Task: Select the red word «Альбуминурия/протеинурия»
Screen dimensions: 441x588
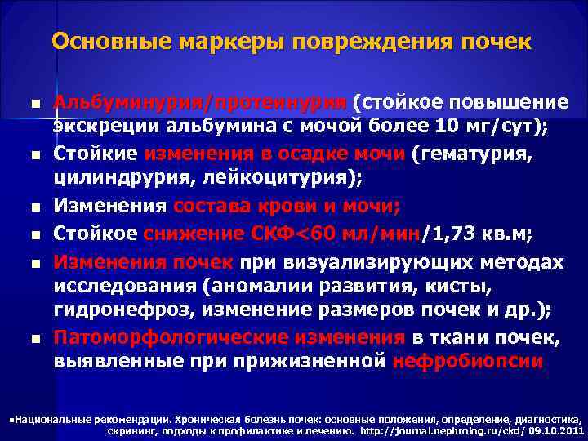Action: click(201, 105)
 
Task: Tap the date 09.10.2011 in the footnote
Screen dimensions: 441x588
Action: click(556, 430)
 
